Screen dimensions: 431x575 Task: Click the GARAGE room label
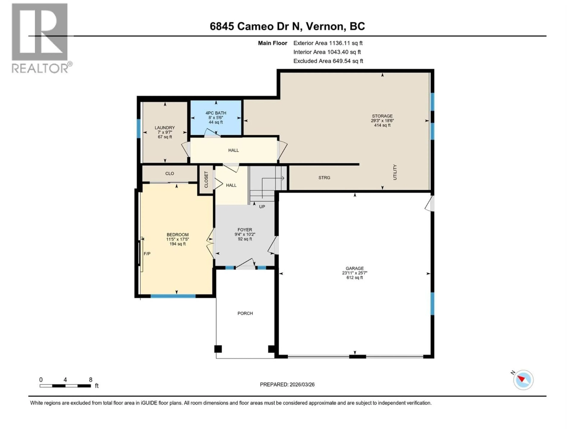355,268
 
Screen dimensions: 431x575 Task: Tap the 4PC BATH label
216,113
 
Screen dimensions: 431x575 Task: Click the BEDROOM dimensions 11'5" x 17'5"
178,239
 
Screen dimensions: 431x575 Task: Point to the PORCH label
245,313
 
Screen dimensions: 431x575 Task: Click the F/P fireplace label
147,254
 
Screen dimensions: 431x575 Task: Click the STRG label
324,178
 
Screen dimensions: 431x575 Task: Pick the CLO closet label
170,174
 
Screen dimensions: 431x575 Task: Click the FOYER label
245,230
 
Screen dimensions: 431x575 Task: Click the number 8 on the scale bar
90,380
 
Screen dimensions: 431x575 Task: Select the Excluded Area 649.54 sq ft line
328,61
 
